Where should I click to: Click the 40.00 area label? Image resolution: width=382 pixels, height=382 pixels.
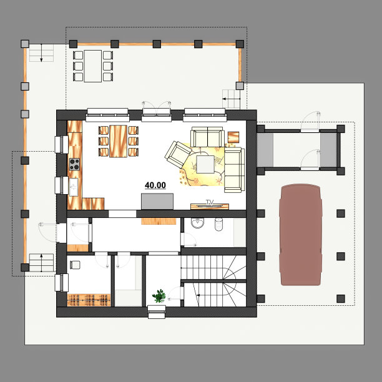(x=155, y=185)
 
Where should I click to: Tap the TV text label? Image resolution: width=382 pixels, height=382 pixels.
(x=210, y=202)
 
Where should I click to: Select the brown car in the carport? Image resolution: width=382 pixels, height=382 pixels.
(x=301, y=235)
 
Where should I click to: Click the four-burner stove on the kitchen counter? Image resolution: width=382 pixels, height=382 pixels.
(x=74, y=164)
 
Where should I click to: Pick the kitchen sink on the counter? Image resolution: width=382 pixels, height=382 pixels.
(x=74, y=187)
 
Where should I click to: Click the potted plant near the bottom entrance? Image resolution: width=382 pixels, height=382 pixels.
(x=159, y=296)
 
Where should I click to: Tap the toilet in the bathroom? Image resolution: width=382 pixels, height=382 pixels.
(x=218, y=224)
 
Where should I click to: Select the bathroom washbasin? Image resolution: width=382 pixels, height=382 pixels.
(x=197, y=223)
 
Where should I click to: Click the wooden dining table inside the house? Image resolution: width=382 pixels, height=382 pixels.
(x=119, y=141)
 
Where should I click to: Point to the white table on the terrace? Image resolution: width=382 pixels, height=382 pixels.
(x=93, y=66)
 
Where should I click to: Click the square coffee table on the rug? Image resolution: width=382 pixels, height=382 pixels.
(x=205, y=164)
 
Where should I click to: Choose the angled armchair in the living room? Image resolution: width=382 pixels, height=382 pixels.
(x=178, y=154)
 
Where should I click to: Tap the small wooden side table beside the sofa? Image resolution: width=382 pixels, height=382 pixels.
(x=233, y=137)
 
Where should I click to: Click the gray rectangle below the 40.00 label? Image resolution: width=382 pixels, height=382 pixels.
(x=157, y=201)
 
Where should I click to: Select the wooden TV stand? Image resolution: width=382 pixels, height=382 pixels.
(x=210, y=207)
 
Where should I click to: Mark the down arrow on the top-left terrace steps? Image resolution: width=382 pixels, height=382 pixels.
(x=41, y=53)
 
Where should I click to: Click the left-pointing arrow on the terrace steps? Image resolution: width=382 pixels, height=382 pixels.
(x=231, y=99)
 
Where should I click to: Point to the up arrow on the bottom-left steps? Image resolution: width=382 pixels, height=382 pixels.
(x=41, y=263)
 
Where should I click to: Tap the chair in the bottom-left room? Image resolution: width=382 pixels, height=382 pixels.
(x=75, y=265)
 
